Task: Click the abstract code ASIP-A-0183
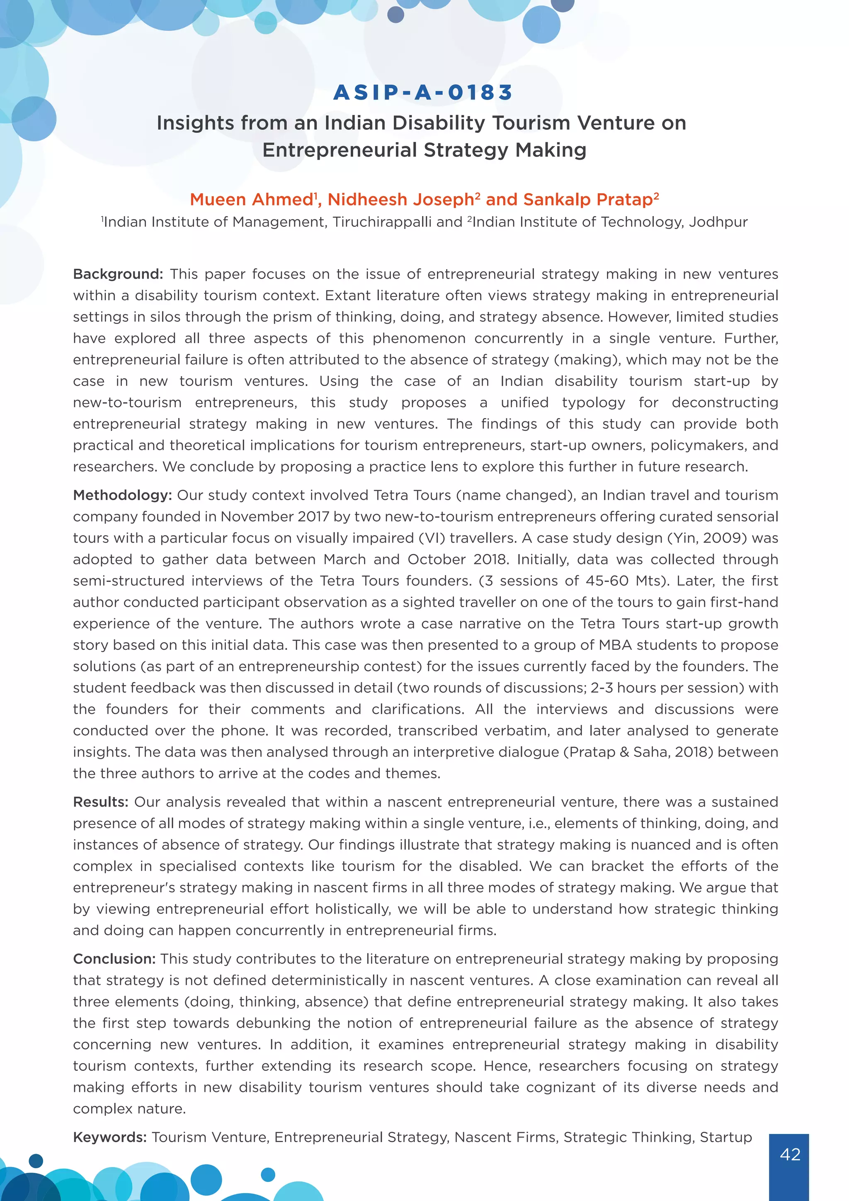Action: (423, 92)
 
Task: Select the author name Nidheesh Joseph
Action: (401, 200)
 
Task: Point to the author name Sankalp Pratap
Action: (587, 200)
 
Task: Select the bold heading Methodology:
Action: (122, 495)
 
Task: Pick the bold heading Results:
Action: (100, 802)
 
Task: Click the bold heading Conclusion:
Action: (114, 959)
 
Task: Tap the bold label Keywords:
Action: (110, 1137)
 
